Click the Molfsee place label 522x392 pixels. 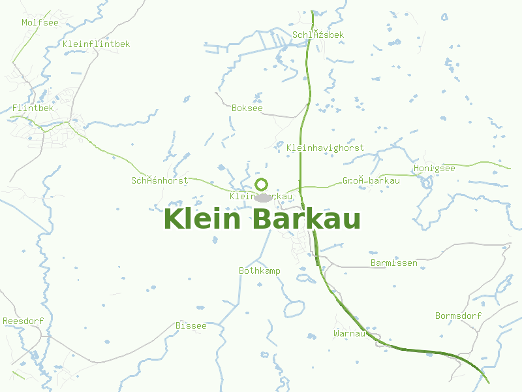[40, 23]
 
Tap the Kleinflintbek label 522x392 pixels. [97, 44]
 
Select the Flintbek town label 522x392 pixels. [33, 108]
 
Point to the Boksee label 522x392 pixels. [247, 108]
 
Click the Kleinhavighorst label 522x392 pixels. [325, 148]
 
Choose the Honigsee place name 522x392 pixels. [434, 169]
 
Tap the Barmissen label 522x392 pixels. [393, 263]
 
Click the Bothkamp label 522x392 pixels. [259, 270]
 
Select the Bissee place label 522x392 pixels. [191, 325]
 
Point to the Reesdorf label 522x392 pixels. [23, 321]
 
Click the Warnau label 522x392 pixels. [348, 333]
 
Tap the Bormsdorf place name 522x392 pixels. [458, 316]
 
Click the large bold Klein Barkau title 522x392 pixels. [262, 220]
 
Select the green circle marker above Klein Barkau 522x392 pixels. [262, 184]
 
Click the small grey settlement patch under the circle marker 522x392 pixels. [263, 197]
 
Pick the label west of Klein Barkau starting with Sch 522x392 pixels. [159, 180]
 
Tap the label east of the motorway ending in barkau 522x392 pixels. [371, 181]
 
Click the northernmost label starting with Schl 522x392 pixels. [318, 35]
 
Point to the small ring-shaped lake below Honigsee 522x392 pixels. [427, 183]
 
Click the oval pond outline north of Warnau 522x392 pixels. [294, 308]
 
